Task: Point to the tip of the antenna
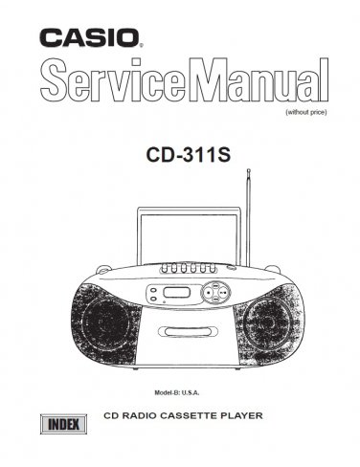pos(248,171)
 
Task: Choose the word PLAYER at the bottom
pos(265,417)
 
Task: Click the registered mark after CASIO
pos(143,45)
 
